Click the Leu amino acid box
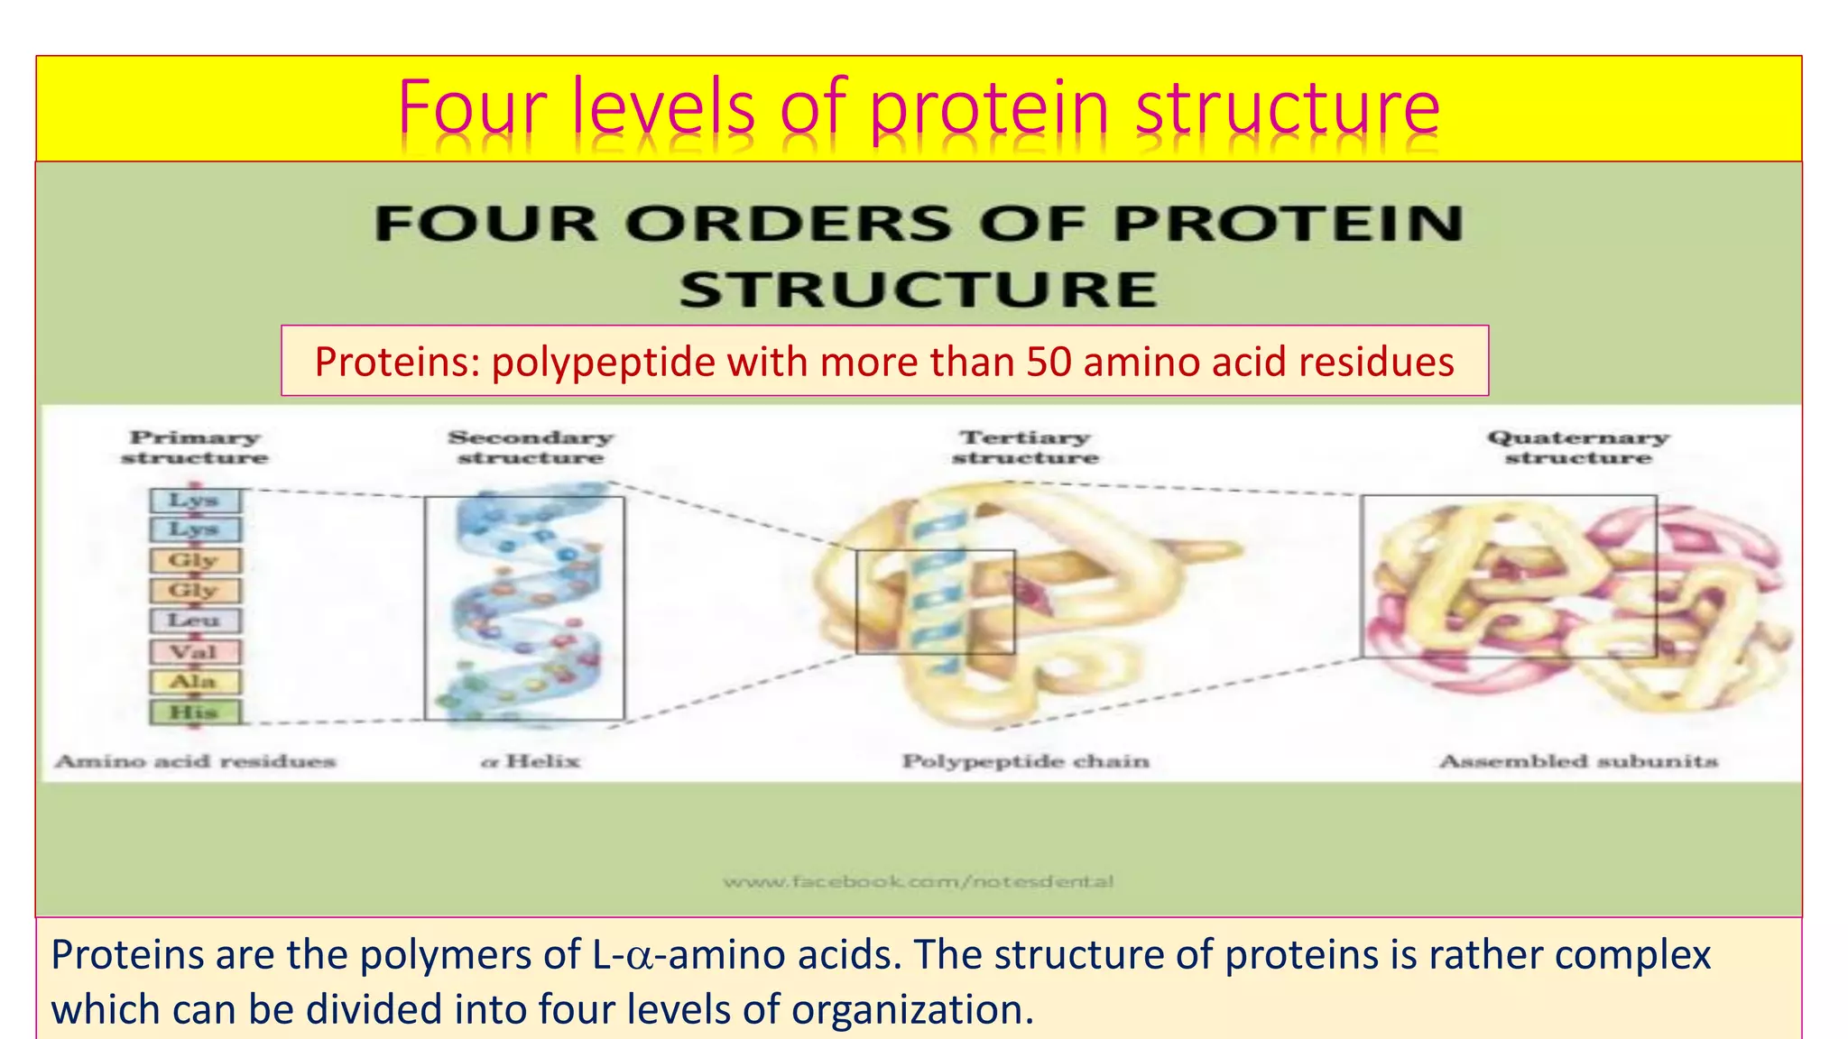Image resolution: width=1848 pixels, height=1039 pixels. (x=195, y=621)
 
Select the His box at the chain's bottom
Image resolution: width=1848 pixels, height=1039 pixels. (x=195, y=712)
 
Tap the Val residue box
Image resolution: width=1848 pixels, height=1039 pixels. (x=195, y=651)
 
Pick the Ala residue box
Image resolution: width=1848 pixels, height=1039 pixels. (x=195, y=681)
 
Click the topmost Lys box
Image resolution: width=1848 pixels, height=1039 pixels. (x=195, y=500)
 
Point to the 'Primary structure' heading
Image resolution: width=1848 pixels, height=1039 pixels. (x=195, y=447)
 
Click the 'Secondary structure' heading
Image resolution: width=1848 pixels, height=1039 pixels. (x=531, y=447)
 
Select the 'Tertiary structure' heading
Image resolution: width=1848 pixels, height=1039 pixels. (x=1025, y=447)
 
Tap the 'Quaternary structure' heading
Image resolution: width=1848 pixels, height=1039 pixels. (x=1578, y=447)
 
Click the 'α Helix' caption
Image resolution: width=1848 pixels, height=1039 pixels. (x=531, y=761)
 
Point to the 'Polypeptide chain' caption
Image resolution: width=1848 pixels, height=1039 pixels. (x=1026, y=761)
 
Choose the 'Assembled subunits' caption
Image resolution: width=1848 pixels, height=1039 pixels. (x=1578, y=761)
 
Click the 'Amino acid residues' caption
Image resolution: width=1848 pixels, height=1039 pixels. (x=195, y=761)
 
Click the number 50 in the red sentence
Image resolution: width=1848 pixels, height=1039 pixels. (x=1049, y=363)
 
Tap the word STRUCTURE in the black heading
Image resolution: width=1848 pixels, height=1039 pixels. (x=919, y=290)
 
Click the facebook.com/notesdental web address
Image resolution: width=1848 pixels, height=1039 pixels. (x=918, y=881)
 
